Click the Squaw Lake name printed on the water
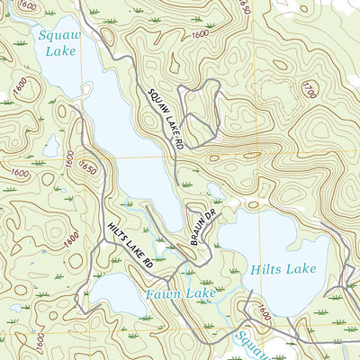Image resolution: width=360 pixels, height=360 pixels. [x=58, y=43]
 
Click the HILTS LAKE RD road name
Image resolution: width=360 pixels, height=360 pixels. [x=130, y=247]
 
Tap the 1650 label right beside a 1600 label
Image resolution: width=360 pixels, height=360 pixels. [x=88, y=167]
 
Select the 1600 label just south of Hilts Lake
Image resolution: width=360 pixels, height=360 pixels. [x=262, y=313]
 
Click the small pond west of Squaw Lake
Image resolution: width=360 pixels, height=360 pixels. [x=52, y=144]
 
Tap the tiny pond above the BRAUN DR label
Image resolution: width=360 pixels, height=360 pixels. [x=213, y=190]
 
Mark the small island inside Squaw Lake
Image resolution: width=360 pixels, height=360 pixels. [x=87, y=91]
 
